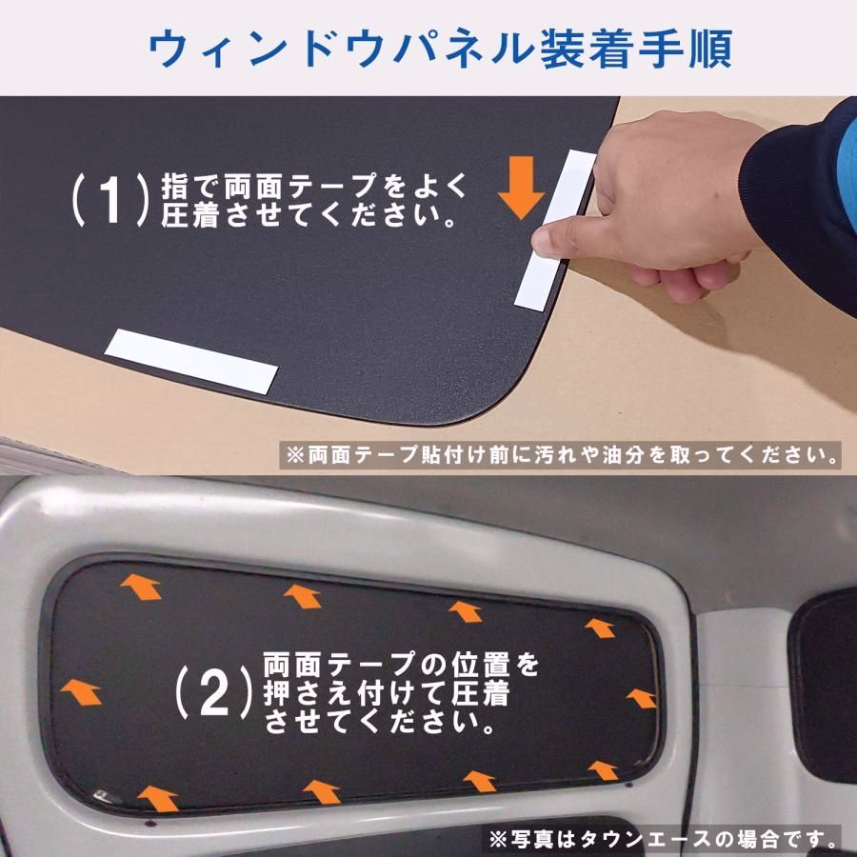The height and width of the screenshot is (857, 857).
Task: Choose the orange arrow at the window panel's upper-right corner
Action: [599, 628]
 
